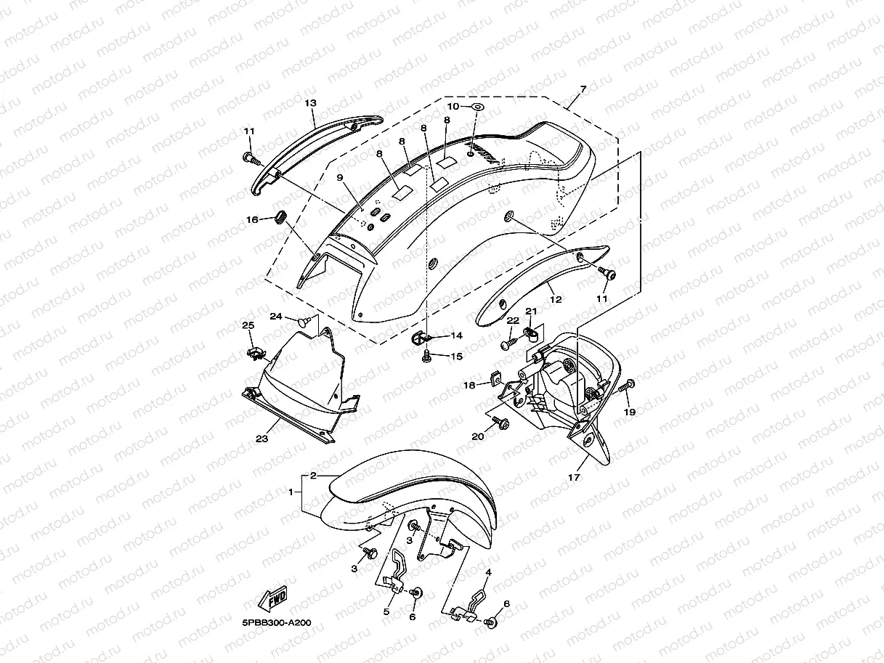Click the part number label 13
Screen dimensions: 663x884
[310, 104]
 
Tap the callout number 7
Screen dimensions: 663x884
[583, 89]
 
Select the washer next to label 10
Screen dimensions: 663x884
[478, 107]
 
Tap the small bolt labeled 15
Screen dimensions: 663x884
[427, 354]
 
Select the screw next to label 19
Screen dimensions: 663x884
[627, 385]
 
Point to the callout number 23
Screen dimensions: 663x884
[261, 439]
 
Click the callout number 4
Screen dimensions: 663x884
[489, 573]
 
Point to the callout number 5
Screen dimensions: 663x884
[386, 612]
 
